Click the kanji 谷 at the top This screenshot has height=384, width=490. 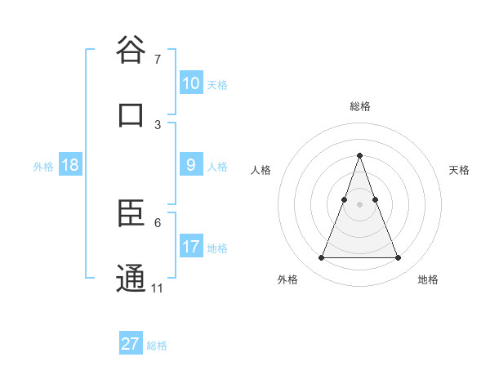[131, 51]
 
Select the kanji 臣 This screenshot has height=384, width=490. [131, 215]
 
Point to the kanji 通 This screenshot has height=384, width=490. [131, 279]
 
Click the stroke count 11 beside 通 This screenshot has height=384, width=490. [158, 288]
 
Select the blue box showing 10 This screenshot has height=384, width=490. [191, 83]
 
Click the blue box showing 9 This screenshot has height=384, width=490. [191, 165]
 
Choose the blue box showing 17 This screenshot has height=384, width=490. [191, 247]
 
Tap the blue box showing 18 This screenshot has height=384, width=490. [70, 165]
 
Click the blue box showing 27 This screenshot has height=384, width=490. [131, 344]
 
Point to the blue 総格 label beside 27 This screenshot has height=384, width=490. [157, 346]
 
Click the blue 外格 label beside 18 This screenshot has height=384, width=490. [43, 167]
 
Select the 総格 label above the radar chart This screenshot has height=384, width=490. [359, 106]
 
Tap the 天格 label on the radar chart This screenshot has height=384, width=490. [460, 170]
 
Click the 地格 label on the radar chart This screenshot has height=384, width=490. [428, 279]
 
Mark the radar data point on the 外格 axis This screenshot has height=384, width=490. [321, 258]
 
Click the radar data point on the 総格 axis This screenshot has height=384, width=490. [359, 155]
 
